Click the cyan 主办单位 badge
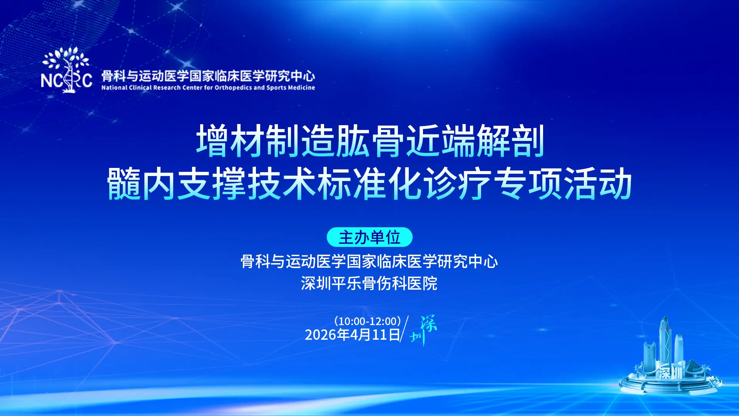[369, 237]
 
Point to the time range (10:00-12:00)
[368, 321]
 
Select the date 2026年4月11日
[352, 335]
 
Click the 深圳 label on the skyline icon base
[670, 372]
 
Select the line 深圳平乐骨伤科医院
[369, 283]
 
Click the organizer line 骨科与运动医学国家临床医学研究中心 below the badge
[369, 262]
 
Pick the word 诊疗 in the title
[457, 184]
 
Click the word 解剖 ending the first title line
[510, 141]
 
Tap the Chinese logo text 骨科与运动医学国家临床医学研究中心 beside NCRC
[208, 76]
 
